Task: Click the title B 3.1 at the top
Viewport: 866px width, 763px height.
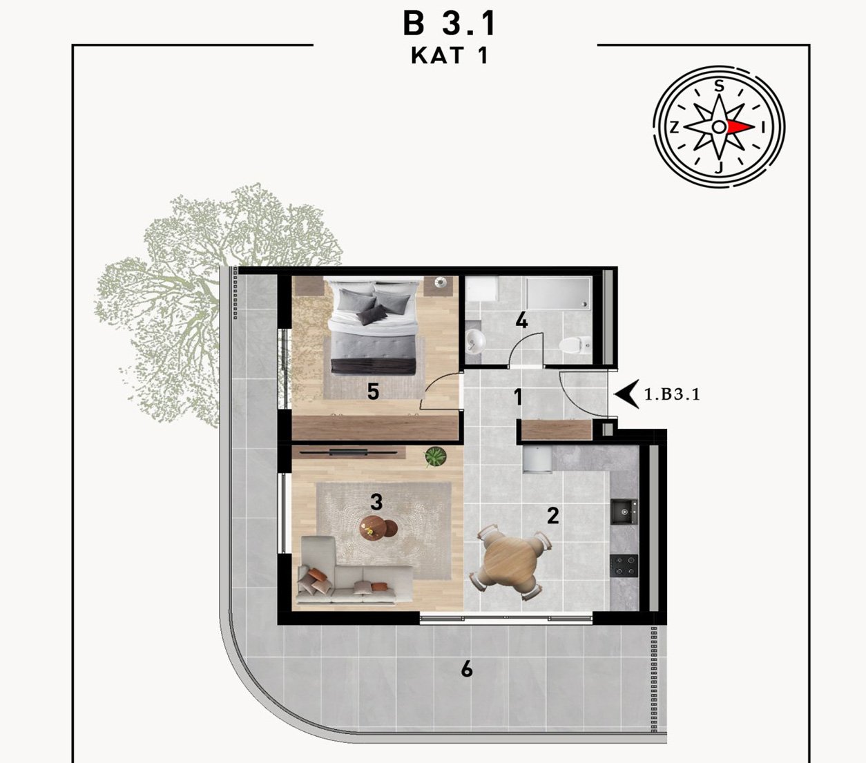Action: pyautogui.click(x=450, y=24)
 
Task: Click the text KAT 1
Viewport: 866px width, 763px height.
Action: pyautogui.click(x=450, y=55)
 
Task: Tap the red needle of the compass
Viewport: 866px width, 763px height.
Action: pyautogui.click(x=740, y=127)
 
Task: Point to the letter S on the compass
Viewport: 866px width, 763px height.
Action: pyautogui.click(x=720, y=86)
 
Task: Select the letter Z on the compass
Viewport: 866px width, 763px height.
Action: pyautogui.click(x=674, y=127)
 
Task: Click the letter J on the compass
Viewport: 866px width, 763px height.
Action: pyautogui.click(x=719, y=168)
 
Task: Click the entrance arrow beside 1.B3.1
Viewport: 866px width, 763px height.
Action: pyautogui.click(x=626, y=394)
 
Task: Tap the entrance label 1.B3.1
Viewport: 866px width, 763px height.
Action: pyautogui.click(x=672, y=394)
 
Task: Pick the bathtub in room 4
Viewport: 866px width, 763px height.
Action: pyautogui.click(x=559, y=293)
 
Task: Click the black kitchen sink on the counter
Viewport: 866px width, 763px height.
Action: pyautogui.click(x=624, y=512)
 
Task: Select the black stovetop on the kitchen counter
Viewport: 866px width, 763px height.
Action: pyautogui.click(x=624, y=566)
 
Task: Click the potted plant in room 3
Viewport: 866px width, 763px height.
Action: pyautogui.click(x=436, y=456)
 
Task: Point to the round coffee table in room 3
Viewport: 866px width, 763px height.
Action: pyautogui.click(x=378, y=528)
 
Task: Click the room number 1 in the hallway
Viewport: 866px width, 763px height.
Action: pyautogui.click(x=519, y=396)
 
